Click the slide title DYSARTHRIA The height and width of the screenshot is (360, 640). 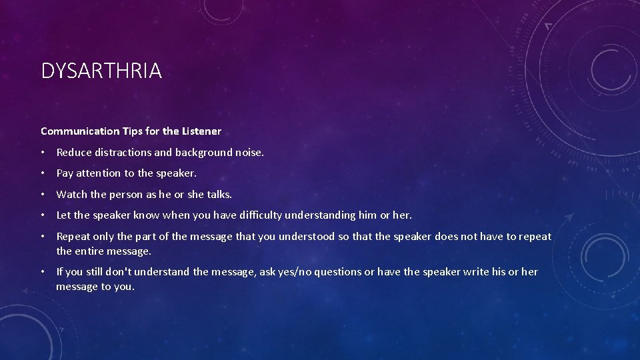click(x=101, y=71)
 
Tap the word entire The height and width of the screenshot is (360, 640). click(x=91, y=251)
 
